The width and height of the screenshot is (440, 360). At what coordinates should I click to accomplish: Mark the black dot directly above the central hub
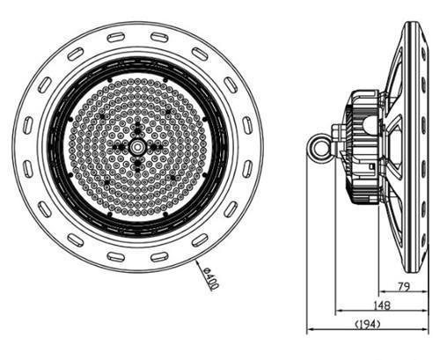pos(137,122)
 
